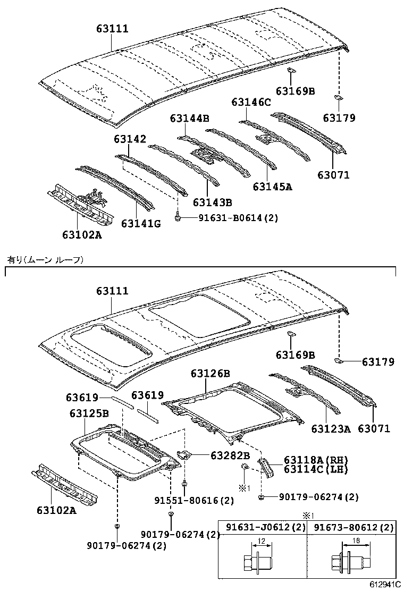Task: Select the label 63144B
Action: coord(190,118)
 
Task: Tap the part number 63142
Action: coord(129,139)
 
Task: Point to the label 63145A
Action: coord(273,187)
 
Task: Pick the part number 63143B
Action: coord(213,202)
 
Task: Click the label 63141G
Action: coord(141,223)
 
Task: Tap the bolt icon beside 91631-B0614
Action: coord(179,217)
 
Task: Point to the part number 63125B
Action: coord(89,412)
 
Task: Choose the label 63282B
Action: coord(230,455)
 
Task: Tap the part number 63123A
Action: coord(331,428)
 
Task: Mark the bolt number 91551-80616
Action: coord(186,500)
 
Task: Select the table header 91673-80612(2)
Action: coord(353,528)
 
